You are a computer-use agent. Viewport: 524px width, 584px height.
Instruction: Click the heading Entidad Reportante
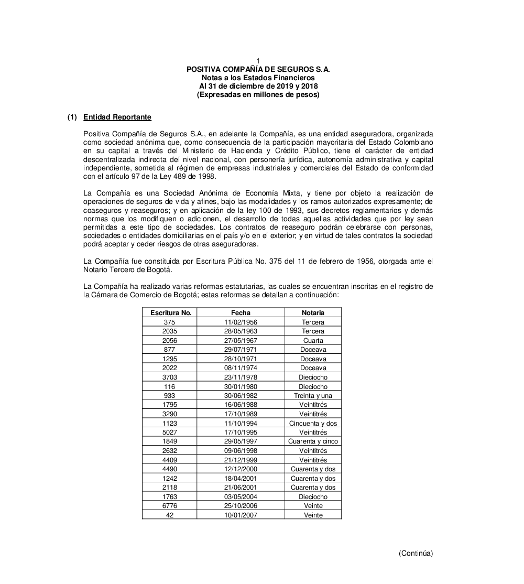click(x=117, y=117)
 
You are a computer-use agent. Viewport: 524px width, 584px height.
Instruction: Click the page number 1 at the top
click(x=258, y=61)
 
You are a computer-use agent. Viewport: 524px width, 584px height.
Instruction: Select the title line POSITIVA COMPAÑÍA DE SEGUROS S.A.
click(x=258, y=69)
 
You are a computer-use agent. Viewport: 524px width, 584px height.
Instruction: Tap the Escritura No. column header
click(x=170, y=312)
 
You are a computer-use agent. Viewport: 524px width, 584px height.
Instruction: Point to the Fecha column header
click(x=241, y=312)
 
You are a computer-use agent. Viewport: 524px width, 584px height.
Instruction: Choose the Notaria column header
click(x=313, y=312)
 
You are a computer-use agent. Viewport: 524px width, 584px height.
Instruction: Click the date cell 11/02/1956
click(x=241, y=322)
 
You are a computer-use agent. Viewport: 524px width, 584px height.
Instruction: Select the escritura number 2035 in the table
click(x=169, y=331)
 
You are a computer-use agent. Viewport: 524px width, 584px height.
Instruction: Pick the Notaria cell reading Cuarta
click(x=313, y=341)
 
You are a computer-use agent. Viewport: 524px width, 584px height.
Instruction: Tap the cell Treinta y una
click(x=313, y=396)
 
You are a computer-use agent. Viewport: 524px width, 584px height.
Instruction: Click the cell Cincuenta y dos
click(x=313, y=423)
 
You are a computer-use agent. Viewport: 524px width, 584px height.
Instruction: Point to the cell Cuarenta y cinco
click(x=313, y=441)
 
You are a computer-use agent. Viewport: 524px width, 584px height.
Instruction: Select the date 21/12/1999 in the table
click(x=241, y=460)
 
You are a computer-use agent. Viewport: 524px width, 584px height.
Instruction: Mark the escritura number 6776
click(x=169, y=506)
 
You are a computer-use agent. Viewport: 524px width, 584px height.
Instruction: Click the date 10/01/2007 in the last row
click(x=241, y=515)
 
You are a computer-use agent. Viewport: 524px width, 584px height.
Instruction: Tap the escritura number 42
click(x=169, y=515)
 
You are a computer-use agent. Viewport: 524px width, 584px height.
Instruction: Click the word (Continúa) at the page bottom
click(x=416, y=553)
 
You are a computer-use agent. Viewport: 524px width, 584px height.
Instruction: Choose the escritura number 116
click(x=169, y=386)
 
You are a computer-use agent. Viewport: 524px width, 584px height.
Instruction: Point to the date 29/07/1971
click(x=241, y=350)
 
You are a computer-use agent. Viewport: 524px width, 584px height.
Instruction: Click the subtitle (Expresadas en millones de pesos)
click(x=258, y=94)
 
